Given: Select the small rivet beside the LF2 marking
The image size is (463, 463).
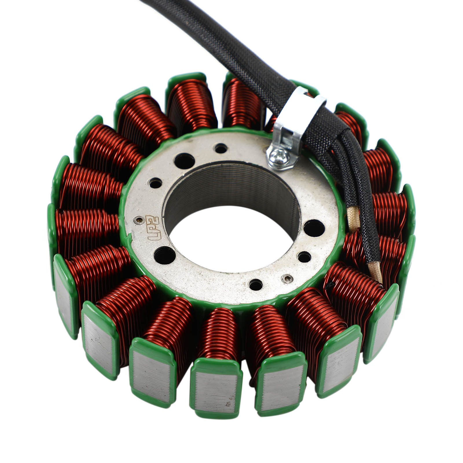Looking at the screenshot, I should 140,220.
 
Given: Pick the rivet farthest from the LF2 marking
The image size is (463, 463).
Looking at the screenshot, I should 286,278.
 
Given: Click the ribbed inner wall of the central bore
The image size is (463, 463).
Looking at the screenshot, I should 231,185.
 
